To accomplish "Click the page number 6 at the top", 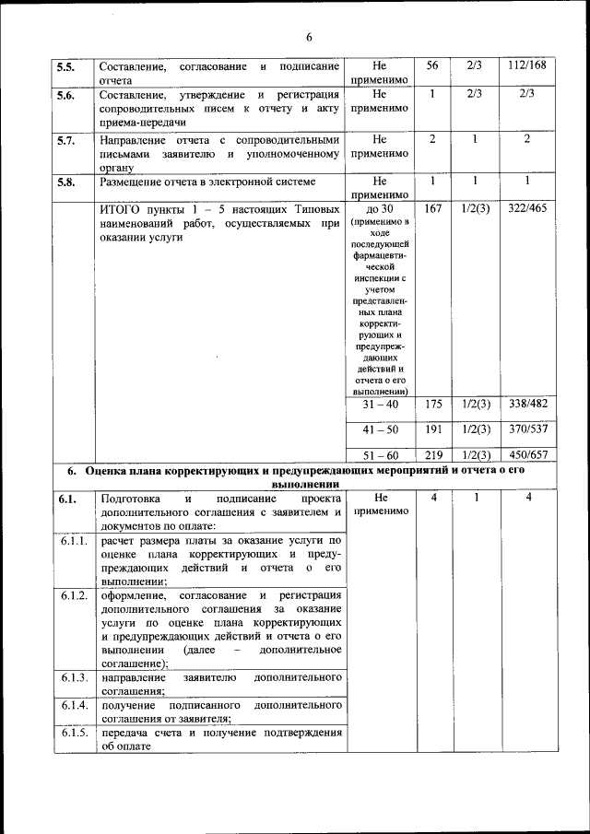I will click(x=309, y=37).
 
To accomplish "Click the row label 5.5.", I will click(x=66, y=67).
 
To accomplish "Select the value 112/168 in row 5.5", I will click(x=526, y=66).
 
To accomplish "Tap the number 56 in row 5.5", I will click(x=432, y=66).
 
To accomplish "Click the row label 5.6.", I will click(x=66, y=95).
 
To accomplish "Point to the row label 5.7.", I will click(x=66, y=140).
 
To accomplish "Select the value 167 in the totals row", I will click(x=432, y=209).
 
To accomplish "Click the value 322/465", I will click(x=526, y=209).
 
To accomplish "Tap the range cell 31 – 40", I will click(x=380, y=405).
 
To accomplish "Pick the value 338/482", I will click(x=526, y=405).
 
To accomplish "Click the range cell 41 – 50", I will click(x=380, y=429).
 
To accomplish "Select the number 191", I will click(x=432, y=429).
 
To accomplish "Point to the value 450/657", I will click(x=526, y=455).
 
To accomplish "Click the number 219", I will click(x=432, y=455).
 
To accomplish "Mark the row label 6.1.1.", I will click(x=73, y=541).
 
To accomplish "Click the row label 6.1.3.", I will click(x=73, y=677).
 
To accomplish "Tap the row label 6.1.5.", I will click(x=73, y=734).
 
